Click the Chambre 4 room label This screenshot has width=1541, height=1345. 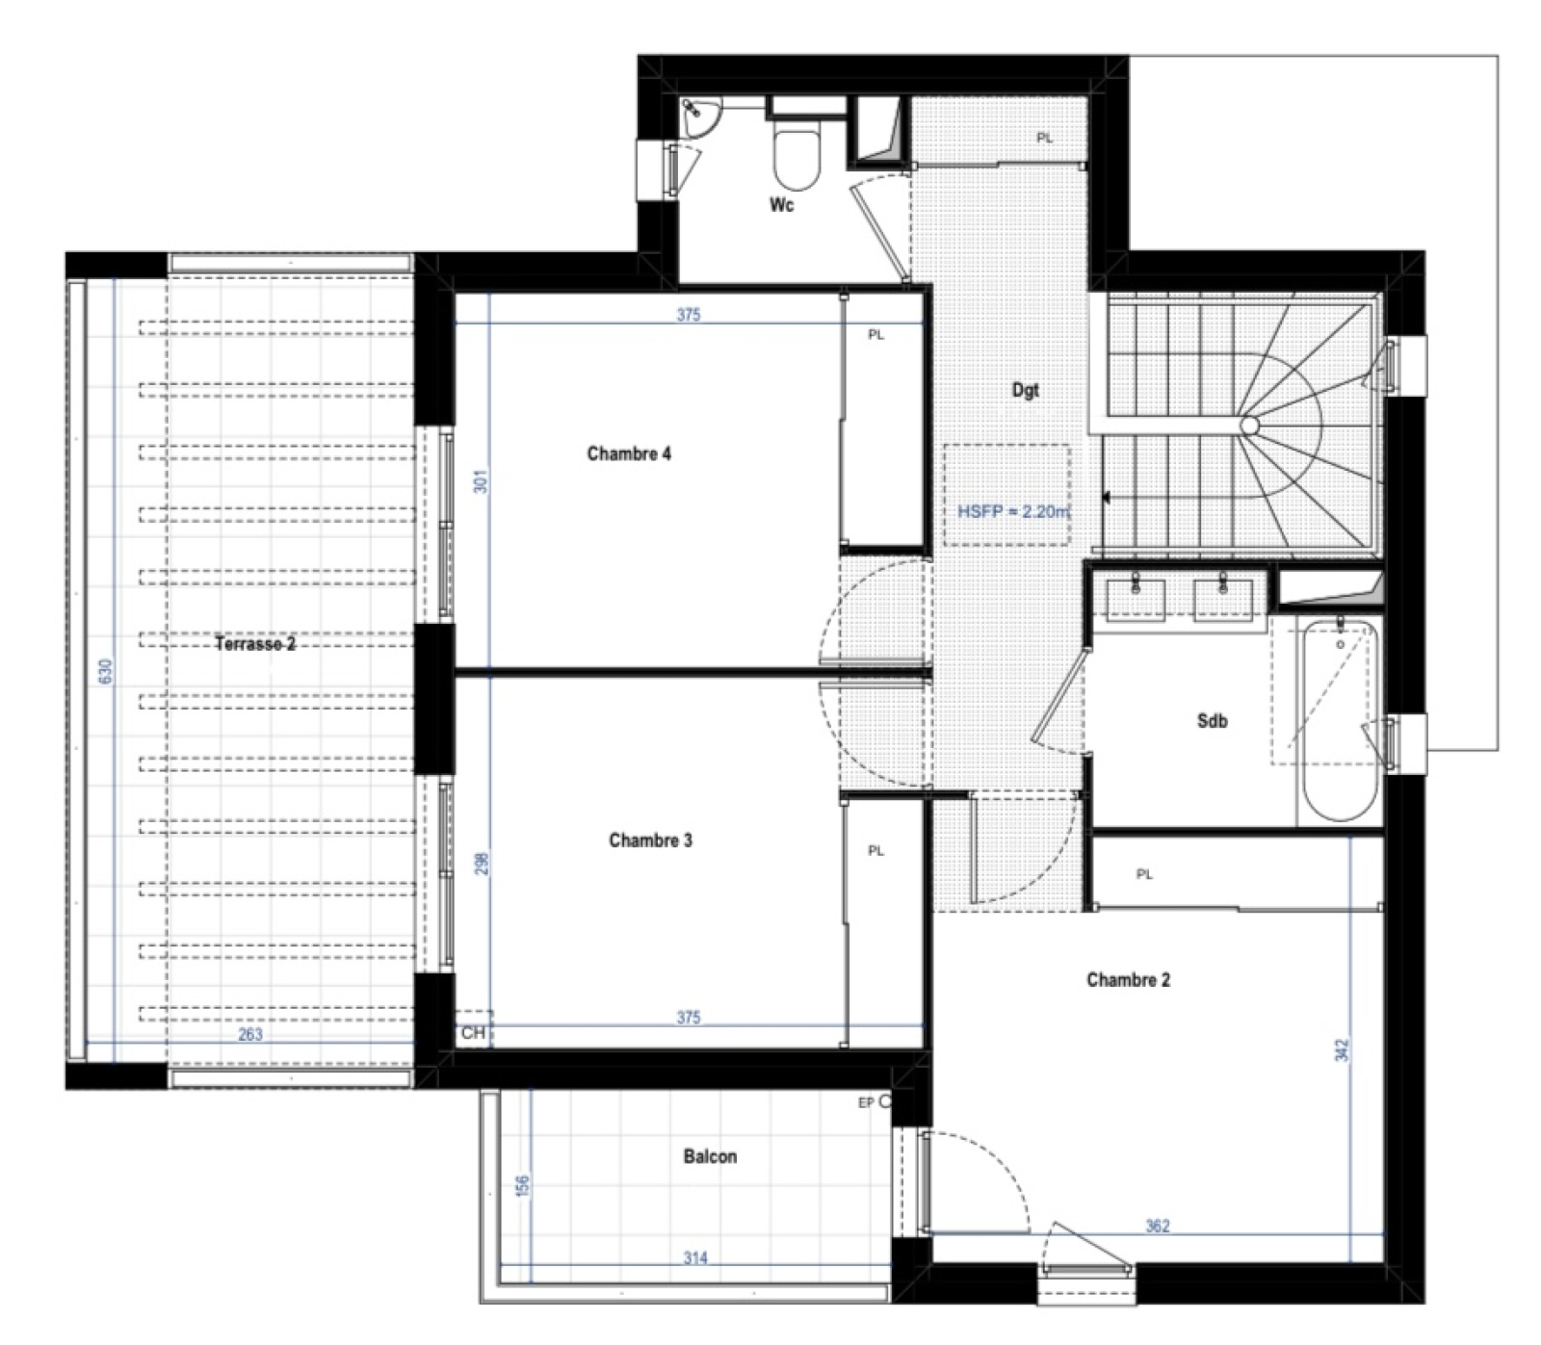point(629,453)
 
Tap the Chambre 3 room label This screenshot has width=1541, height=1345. point(650,841)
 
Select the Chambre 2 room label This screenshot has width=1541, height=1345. point(1129,980)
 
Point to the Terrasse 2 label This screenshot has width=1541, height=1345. point(255,644)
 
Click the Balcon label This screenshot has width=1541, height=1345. point(710,1156)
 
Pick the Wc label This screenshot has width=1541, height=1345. point(781,205)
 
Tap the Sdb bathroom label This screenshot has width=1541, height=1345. point(1212,720)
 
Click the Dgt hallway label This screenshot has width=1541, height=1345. point(1026,390)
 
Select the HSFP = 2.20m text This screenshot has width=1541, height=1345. point(1013,511)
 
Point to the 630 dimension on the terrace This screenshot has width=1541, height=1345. point(106,671)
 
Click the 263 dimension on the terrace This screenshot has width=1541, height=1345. point(249,1035)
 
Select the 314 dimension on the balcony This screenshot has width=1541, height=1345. point(695,1257)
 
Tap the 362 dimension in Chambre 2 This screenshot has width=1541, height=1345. point(1158,1226)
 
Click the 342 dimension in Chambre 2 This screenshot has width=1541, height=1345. point(1343,1049)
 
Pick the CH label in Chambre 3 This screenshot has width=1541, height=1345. point(473,1033)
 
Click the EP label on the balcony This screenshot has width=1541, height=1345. point(866,1102)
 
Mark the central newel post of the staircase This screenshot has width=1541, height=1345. point(1249,425)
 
